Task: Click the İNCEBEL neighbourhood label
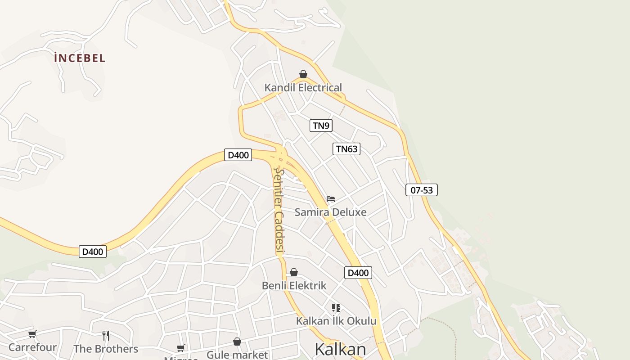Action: click(x=79, y=58)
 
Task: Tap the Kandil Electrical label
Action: click(x=303, y=88)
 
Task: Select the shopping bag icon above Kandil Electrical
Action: click(x=303, y=74)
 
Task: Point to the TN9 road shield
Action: click(x=321, y=126)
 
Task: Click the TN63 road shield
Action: click(x=346, y=149)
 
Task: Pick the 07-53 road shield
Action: click(x=422, y=190)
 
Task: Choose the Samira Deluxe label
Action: click(x=330, y=212)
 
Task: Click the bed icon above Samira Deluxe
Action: click(x=331, y=198)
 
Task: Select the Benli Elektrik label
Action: click(x=294, y=286)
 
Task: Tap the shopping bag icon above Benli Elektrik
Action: click(x=294, y=272)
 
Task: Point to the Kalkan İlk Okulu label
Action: click(x=336, y=321)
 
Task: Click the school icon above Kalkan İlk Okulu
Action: click(x=336, y=307)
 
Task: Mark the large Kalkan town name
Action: click(x=340, y=349)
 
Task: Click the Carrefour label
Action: click(x=32, y=347)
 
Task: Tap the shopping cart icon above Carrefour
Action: click(x=32, y=334)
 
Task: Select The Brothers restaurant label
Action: click(x=106, y=349)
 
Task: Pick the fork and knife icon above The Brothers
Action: click(x=106, y=335)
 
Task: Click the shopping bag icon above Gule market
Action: click(x=237, y=342)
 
